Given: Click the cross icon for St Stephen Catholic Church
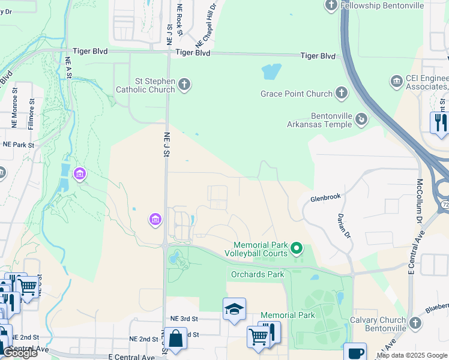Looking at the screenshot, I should [185, 85].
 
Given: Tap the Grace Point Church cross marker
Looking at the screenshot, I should [341, 93].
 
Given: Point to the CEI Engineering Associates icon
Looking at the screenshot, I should [396, 81].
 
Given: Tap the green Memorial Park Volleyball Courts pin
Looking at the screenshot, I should [296, 247].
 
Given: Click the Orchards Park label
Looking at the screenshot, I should [258, 275].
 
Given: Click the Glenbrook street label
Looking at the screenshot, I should [325, 197].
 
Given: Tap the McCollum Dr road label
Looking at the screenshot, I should [419, 204].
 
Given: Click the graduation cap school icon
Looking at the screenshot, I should [234, 309].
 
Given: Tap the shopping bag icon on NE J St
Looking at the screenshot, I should [176, 338].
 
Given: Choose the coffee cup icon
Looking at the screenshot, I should [355, 352].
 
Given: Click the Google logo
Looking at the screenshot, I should [20, 353].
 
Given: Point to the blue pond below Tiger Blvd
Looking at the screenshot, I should [271, 72].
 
